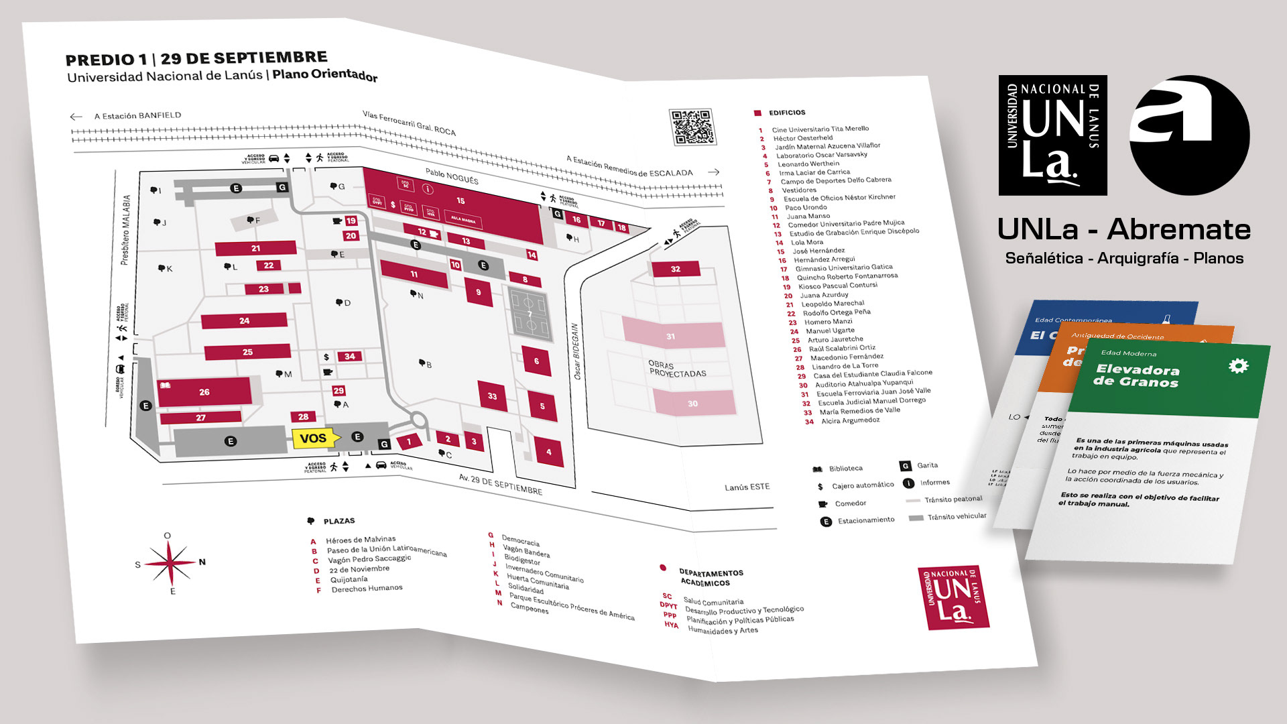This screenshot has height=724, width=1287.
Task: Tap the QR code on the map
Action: click(x=692, y=127)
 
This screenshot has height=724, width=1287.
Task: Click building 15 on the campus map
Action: click(x=461, y=200)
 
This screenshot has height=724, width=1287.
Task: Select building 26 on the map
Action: click(x=204, y=392)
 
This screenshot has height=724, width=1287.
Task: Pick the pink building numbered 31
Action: click(x=672, y=335)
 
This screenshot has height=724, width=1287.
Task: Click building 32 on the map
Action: click(x=676, y=269)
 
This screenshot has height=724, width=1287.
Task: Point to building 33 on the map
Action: click(x=493, y=396)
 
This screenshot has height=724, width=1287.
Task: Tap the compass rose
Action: click(x=170, y=562)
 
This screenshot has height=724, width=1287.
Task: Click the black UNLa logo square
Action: click(x=1052, y=135)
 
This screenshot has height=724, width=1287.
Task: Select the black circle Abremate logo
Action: click(x=1189, y=135)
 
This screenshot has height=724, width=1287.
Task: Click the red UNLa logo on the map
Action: click(x=953, y=597)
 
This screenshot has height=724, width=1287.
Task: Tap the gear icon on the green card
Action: click(x=1237, y=366)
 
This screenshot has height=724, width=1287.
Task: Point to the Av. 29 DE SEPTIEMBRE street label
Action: click(x=500, y=484)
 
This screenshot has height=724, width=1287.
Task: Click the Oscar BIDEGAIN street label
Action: click(x=576, y=351)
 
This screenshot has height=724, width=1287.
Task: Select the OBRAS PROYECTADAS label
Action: click(x=677, y=369)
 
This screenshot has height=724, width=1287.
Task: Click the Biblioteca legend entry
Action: click(x=845, y=469)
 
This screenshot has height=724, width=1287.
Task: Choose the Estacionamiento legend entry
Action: click(x=865, y=520)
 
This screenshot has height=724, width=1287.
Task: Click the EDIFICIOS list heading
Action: click(x=787, y=113)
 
